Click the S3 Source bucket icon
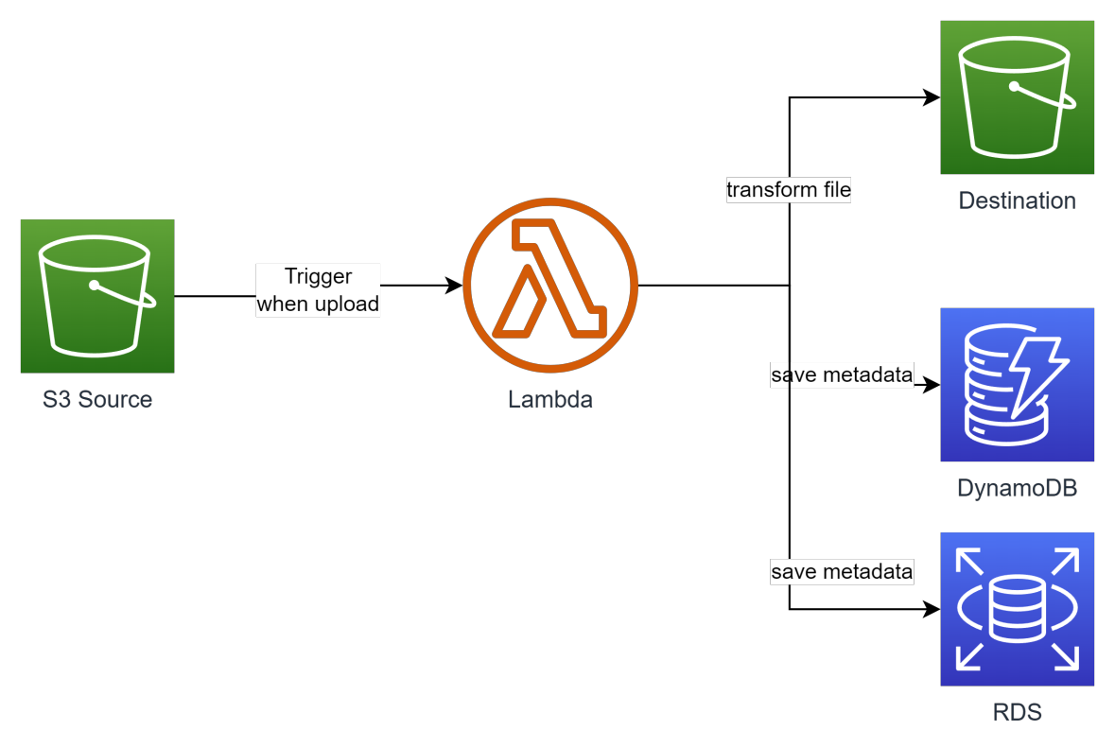(97, 296)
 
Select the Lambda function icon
(550, 285)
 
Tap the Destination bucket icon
(1017, 97)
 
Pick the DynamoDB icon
(1017, 384)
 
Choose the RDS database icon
(1017, 609)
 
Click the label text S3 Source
(97, 399)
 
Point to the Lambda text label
(550, 399)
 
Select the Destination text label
(1017, 200)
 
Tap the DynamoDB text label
(1017, 488)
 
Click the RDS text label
(1017, 712)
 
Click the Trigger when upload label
(318, 290)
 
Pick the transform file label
(789, 190)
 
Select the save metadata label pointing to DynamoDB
(842, 375)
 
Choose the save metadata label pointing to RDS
(842, 571)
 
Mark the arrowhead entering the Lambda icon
(456, 285)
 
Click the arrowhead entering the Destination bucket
(932, 97)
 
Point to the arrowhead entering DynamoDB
(932, 385)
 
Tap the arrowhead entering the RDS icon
(932, 610)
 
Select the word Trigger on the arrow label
(319, 276)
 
